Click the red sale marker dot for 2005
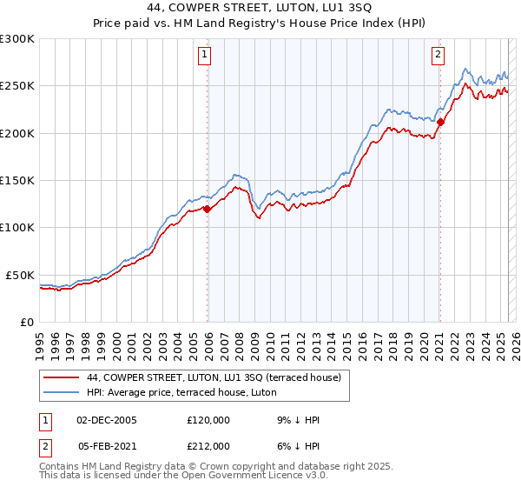click(208, 209)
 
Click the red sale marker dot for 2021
click(440, 122)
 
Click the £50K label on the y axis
click(21, 275)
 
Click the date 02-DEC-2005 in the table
click(107, 420)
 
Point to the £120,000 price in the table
click(208, 420)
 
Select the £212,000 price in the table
click(208, 446)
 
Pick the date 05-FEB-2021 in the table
click(107, 446)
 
